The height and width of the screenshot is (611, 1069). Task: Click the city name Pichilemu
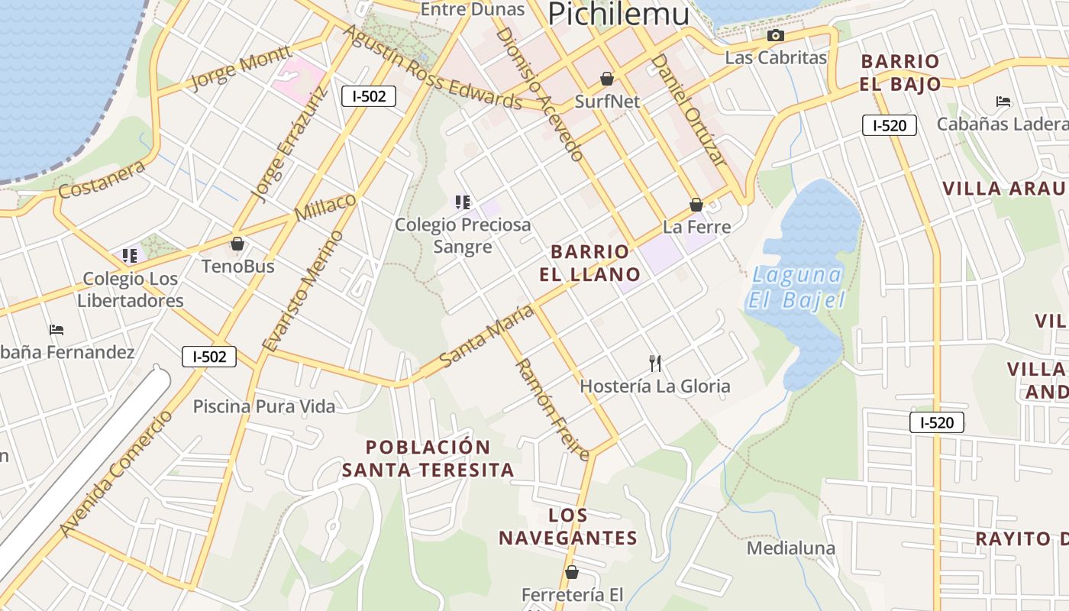point(618,14)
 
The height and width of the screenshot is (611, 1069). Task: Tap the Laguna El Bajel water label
point(796,287)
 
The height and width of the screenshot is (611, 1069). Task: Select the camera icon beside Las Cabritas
point(775,36)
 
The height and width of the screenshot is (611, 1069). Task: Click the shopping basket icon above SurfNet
point(607,79)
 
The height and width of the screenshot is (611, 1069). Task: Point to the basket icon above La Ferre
point(696,205)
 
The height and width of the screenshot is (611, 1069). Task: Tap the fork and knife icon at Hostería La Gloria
point(654,363)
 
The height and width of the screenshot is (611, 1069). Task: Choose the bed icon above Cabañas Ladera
point(1003,102)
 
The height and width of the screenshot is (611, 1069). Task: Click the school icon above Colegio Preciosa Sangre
point(462,202)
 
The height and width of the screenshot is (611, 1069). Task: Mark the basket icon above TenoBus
point(237,244)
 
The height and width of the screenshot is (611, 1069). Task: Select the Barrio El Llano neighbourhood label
point(590,263)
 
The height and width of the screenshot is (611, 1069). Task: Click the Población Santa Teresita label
point(428,458)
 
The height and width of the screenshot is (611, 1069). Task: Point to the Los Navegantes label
point(568,526)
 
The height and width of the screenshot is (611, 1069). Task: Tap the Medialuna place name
point(790,548)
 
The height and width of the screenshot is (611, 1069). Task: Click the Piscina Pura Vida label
point(263,406)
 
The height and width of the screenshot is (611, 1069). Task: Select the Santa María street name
point(486,336)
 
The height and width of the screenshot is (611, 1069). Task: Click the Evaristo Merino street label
point(302,291)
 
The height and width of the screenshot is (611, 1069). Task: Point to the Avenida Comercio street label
point(116,474)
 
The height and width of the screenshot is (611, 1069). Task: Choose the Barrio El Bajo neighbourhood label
point(899,73)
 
